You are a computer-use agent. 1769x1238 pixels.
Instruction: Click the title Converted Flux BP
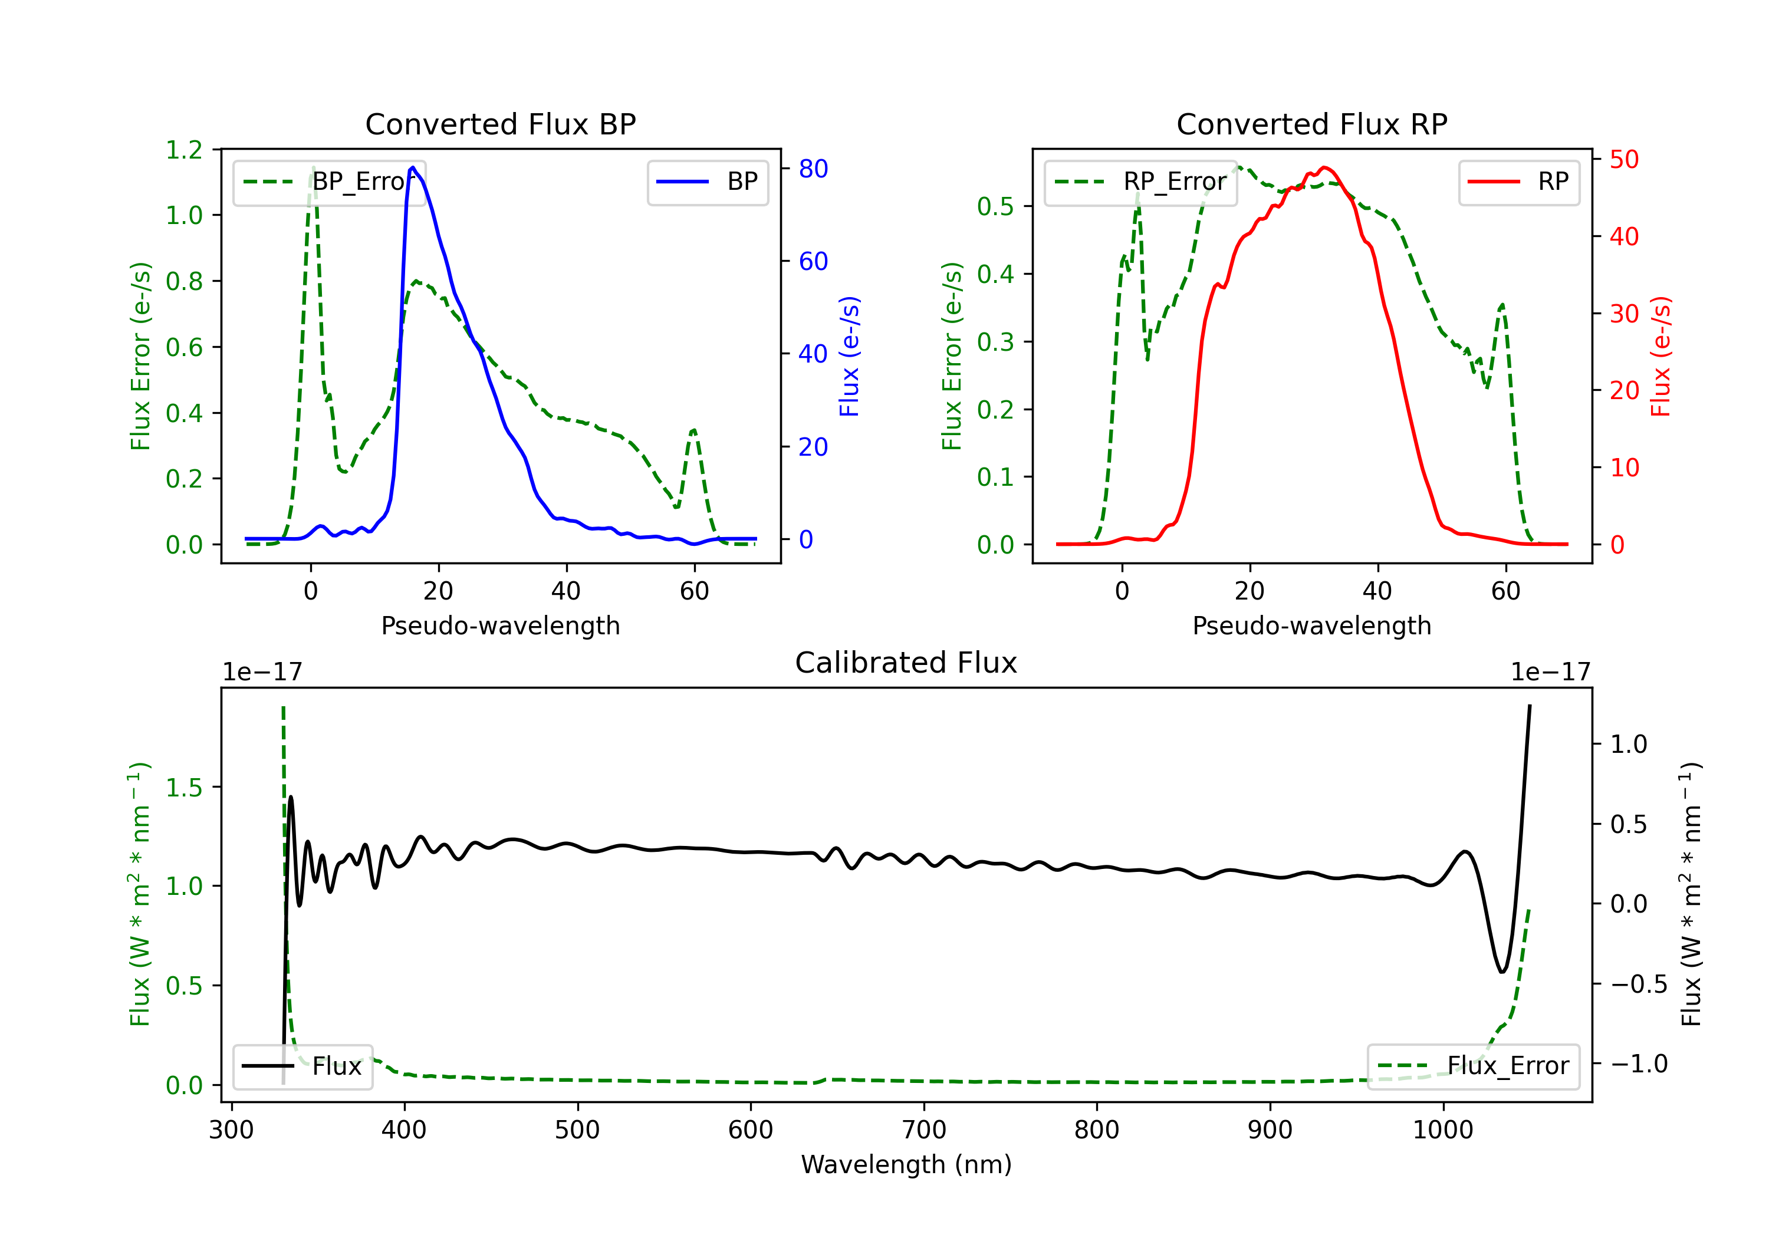click(500, 124)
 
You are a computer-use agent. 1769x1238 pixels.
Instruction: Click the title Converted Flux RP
click(1311, 124)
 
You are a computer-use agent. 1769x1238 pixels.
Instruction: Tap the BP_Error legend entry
click(330, 182)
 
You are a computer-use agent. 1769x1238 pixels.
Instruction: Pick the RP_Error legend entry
click(1141, 182)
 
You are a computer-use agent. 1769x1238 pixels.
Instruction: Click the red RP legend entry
click(1518, 182)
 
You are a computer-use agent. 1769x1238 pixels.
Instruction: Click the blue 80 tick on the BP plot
click(813, 169)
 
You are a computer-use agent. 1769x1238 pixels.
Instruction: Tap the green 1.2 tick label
click(184, 150)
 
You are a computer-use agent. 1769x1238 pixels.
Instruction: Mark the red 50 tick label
click(1623, 160)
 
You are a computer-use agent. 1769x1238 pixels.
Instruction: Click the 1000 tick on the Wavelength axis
click(1442, 1130)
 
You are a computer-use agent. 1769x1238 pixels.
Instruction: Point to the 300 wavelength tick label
click(231, 1130)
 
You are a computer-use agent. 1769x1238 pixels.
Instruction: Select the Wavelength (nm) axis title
click(906, 1164)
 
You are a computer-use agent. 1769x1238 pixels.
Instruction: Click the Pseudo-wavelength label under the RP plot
click(1311, 625)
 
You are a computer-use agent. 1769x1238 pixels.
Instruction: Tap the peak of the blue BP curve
click(413, 167)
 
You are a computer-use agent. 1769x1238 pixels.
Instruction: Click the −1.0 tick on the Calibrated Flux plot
click(1638, 1064)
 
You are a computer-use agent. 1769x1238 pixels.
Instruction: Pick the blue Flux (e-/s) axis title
click(849, 356)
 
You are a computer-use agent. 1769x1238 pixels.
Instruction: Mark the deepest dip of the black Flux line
click(1502, 972)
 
